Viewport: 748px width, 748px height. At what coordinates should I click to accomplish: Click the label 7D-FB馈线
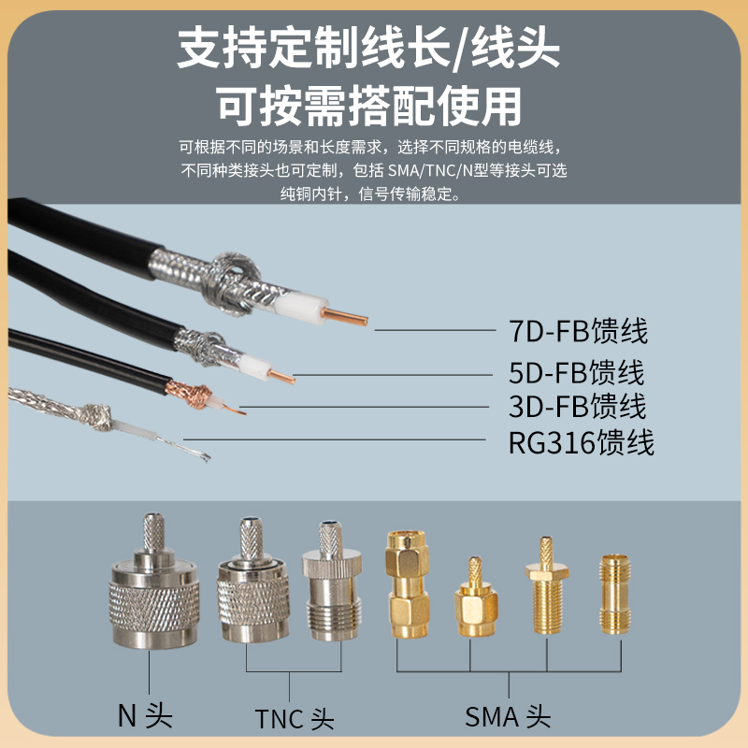point(578,331)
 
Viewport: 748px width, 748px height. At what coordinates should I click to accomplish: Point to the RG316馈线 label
point(581,441)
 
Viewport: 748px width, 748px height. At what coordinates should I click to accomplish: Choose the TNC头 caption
point(294,718)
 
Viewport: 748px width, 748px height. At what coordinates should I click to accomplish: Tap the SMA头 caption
point(508,717)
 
